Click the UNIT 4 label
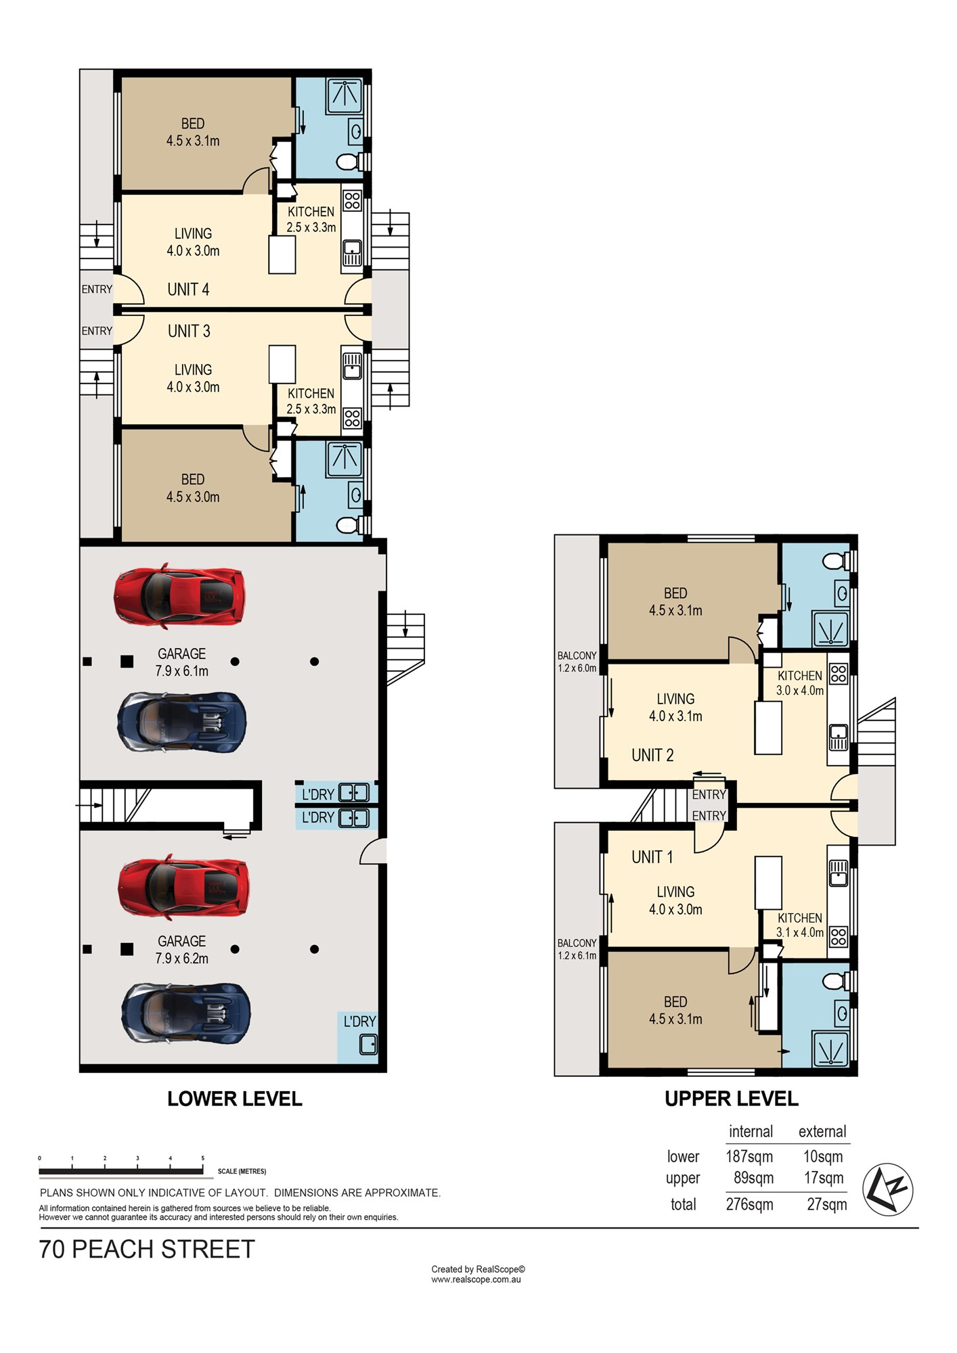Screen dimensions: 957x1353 (x=188, y=290)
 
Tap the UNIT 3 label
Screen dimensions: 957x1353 (x=189, y=331)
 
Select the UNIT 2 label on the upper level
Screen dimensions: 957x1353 (x=652, y=755)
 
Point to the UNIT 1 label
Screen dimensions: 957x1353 (x=652, y=857)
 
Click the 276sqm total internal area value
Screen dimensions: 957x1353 (x=749, y=1204)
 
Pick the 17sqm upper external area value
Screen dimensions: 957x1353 (x=824, y=1178)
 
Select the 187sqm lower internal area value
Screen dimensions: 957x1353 (x=749, y=1156)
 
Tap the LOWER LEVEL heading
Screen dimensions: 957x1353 (x=235, y=1099)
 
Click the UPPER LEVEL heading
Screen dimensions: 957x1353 (x=732, y=1099)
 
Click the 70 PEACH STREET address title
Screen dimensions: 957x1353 (x=147, y=1249)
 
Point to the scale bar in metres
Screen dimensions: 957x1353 (x=121, y=1171)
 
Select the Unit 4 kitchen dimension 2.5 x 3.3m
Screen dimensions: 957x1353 (x=311, y=227)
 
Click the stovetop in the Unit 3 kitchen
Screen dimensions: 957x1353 (x=352, y=417)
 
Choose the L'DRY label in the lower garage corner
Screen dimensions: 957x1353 (x=359, y=1022)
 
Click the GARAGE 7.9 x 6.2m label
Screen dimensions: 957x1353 (x=182, y=950)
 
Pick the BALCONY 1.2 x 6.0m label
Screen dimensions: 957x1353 (x=577, y=662)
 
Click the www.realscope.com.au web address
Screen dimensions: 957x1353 (x=476, y=1279)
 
